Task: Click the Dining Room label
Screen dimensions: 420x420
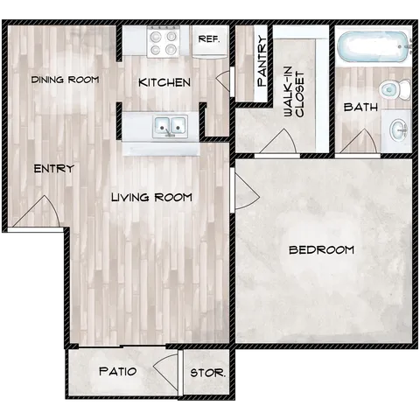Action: click(64, 80)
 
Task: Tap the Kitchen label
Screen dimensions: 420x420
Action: click(164, 82)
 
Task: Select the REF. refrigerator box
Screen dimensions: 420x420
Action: click(208, 40)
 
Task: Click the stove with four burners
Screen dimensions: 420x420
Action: click(163, 40)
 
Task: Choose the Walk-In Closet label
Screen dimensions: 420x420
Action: click(293, 93)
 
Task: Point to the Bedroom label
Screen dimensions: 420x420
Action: click(321, 250)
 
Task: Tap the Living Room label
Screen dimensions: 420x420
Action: click(151, 197)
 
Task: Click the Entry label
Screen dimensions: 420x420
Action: click(53, 168)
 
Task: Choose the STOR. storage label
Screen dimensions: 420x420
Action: click(207, 372)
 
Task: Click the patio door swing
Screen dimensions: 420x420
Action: click(164, 368)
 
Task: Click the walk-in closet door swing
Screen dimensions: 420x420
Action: click(283, 142)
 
